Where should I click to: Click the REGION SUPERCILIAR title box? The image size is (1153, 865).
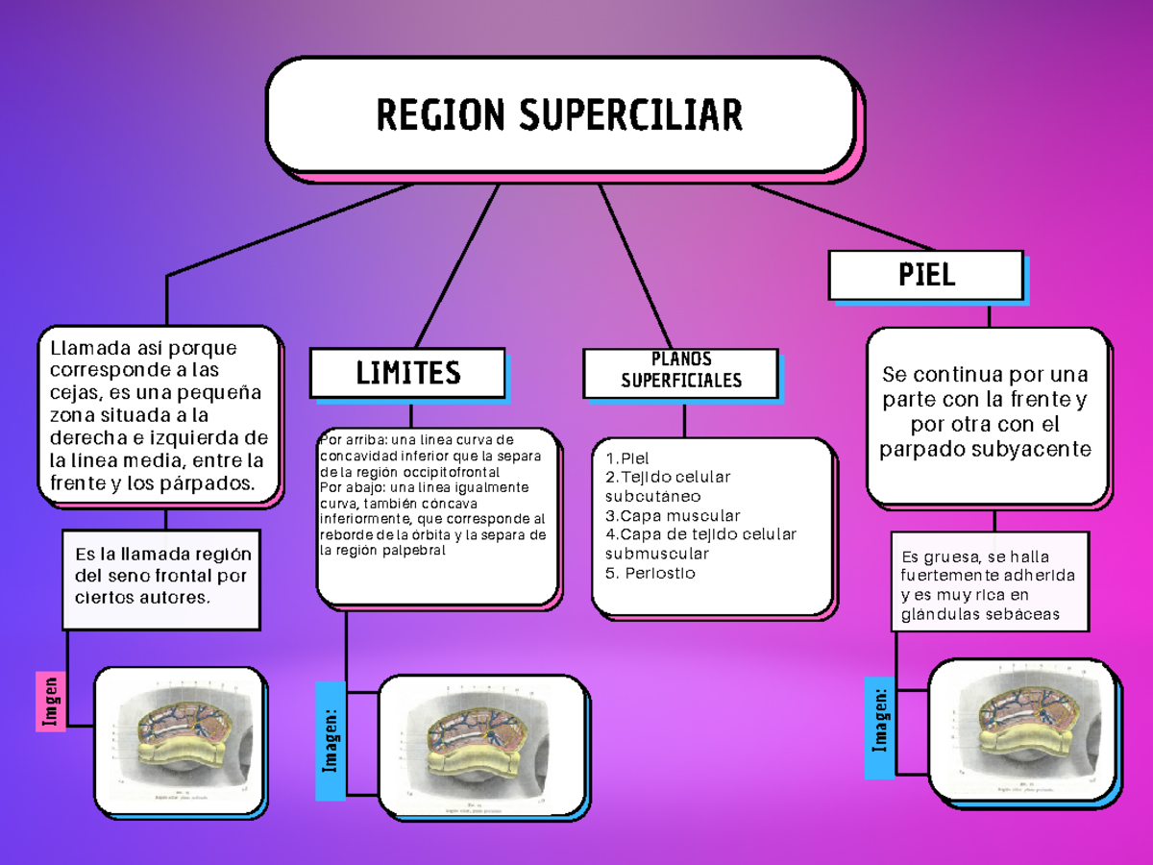click(x=559, y=115)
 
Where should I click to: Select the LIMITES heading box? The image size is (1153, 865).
click(x=407, y=373)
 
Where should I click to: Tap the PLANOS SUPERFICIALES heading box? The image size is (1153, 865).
click(x=681, y=371)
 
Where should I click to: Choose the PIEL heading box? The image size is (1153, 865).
click(x=926, y=276)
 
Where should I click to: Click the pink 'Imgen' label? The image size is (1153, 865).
click(x=51, y=701)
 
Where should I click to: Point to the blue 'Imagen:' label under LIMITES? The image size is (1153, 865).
click(x=331, y=740)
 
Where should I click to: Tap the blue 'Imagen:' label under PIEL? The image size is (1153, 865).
click(x=879, y=728)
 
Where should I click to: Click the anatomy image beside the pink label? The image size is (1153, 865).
click(x=181, y=738)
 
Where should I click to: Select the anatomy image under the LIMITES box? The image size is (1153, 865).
click(x=482, y=746)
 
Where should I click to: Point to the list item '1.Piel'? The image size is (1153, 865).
click(x=627, y=458)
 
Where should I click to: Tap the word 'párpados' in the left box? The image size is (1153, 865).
click(x=217, y=483)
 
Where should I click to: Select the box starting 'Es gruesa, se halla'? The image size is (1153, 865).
click(x=990, y=585)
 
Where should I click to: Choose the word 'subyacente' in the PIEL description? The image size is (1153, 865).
click(x=1043, y=449)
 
